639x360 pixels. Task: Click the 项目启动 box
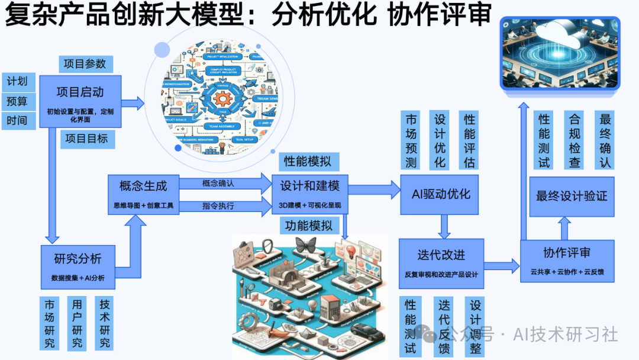coord(80,101)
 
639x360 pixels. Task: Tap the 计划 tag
coord(17,82)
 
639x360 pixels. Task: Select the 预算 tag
coord(17,101)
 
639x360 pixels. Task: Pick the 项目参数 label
coord(85,63)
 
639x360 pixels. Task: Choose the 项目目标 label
coord(86,139)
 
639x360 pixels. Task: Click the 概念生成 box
coord(143,195)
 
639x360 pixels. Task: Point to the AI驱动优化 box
coord(441,194)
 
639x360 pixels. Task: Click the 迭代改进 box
coord(441,263)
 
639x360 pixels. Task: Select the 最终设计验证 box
coord(571,196)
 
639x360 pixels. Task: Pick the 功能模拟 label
coord(308,225)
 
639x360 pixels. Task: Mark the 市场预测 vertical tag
coord(411,140)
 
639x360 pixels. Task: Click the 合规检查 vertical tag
coord(575,140)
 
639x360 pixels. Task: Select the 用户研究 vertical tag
coord(77,323)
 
